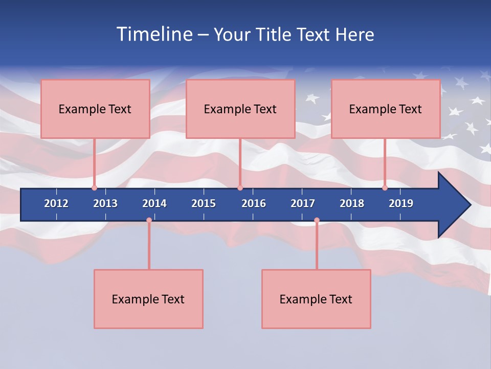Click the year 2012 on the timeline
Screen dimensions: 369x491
(x=56, y=203)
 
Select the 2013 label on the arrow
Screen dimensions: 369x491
(x=105, y=203)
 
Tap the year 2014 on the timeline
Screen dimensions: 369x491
(x=154, y=203)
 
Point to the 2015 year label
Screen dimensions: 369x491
(x=204, y=203)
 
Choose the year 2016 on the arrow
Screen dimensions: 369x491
(x=254, y=203)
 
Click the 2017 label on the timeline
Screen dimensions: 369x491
(x=303, y=203)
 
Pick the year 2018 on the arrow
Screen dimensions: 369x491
(x=352, y=203)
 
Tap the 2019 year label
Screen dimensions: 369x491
(x=401, y=203)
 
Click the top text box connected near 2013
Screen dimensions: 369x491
(x=95, y=109)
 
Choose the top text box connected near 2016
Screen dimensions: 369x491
(x=240, y=109)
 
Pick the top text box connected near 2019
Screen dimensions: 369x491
(x=386, y=109)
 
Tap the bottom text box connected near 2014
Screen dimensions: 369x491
(x=148, y=299)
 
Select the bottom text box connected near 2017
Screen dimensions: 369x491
(x=316, y=299)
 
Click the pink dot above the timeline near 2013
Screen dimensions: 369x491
(x=94, y=188)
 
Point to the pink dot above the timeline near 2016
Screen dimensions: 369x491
(x=240, y=188)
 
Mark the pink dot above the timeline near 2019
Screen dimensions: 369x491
(x=385, y=188)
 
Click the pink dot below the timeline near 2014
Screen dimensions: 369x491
(x=149, y=220)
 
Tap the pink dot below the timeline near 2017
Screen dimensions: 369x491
(x=317, y=220)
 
